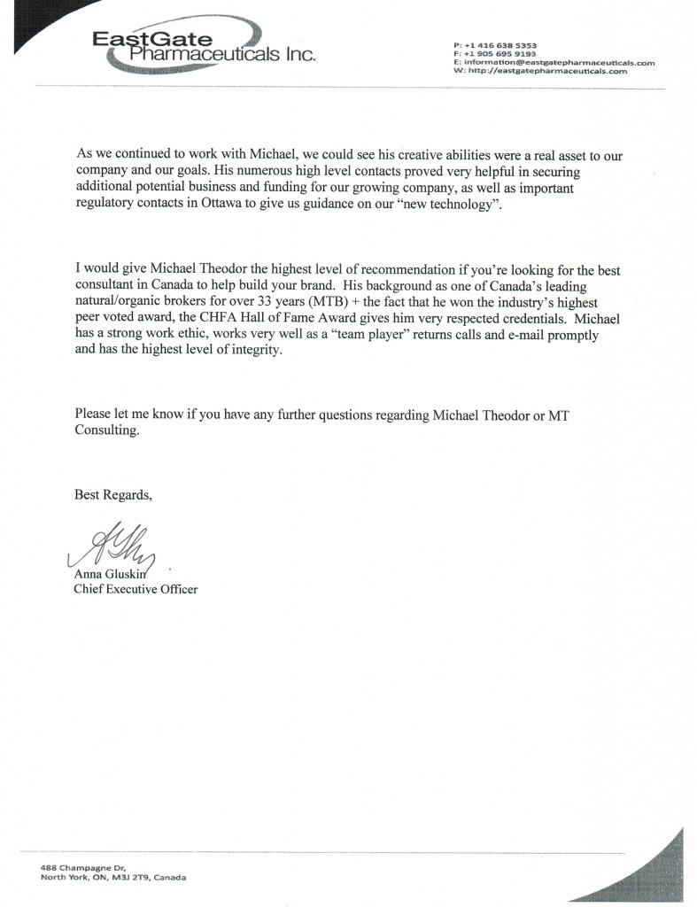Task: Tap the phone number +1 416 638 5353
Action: coord(500,44)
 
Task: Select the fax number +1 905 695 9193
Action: coord(500,53)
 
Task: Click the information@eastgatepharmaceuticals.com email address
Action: coord(558,62)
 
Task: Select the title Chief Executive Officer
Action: coord(136,589)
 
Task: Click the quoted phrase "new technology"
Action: coord(445,205)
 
